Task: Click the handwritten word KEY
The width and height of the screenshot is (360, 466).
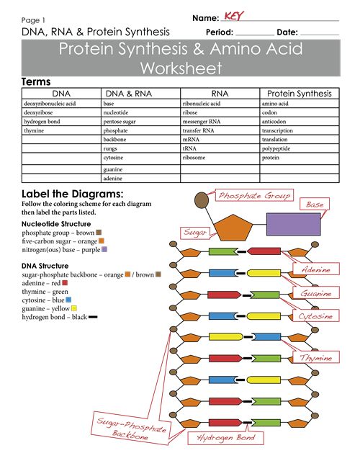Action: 233,16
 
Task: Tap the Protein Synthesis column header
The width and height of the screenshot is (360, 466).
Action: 299,94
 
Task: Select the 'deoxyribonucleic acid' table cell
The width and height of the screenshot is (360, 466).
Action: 50,104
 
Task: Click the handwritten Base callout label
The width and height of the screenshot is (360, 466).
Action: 315,205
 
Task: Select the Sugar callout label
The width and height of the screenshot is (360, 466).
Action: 195,233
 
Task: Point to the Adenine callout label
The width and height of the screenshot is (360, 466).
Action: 316,269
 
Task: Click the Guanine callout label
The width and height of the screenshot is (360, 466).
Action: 316,293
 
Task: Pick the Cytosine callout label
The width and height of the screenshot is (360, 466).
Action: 316,316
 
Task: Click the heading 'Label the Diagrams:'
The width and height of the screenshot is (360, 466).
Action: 72,194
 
